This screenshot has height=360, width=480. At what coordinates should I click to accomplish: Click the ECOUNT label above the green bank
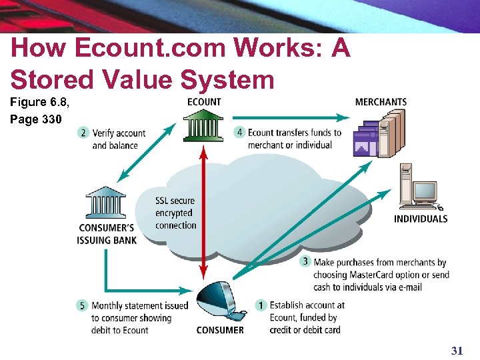pos(204,102)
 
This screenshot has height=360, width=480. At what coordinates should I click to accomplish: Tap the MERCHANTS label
pos(381,102)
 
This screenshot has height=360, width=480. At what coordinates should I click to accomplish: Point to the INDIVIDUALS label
pos(421,219)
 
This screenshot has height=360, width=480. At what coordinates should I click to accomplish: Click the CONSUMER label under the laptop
pos(220,330)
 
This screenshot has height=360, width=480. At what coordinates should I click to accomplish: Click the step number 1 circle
pos(261,305)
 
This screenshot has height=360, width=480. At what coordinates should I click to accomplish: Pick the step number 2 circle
pos(83,133)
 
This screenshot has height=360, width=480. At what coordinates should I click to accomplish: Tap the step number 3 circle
pos(305,261)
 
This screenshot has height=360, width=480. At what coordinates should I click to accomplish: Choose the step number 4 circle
pos(239,132)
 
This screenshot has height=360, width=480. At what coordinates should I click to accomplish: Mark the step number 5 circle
pos(83,305)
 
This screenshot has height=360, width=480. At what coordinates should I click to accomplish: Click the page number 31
pos(457,350)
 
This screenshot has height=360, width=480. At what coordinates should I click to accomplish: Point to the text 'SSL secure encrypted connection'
pos(175,213)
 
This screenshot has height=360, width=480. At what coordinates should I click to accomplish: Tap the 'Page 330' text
pos(36,120)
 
